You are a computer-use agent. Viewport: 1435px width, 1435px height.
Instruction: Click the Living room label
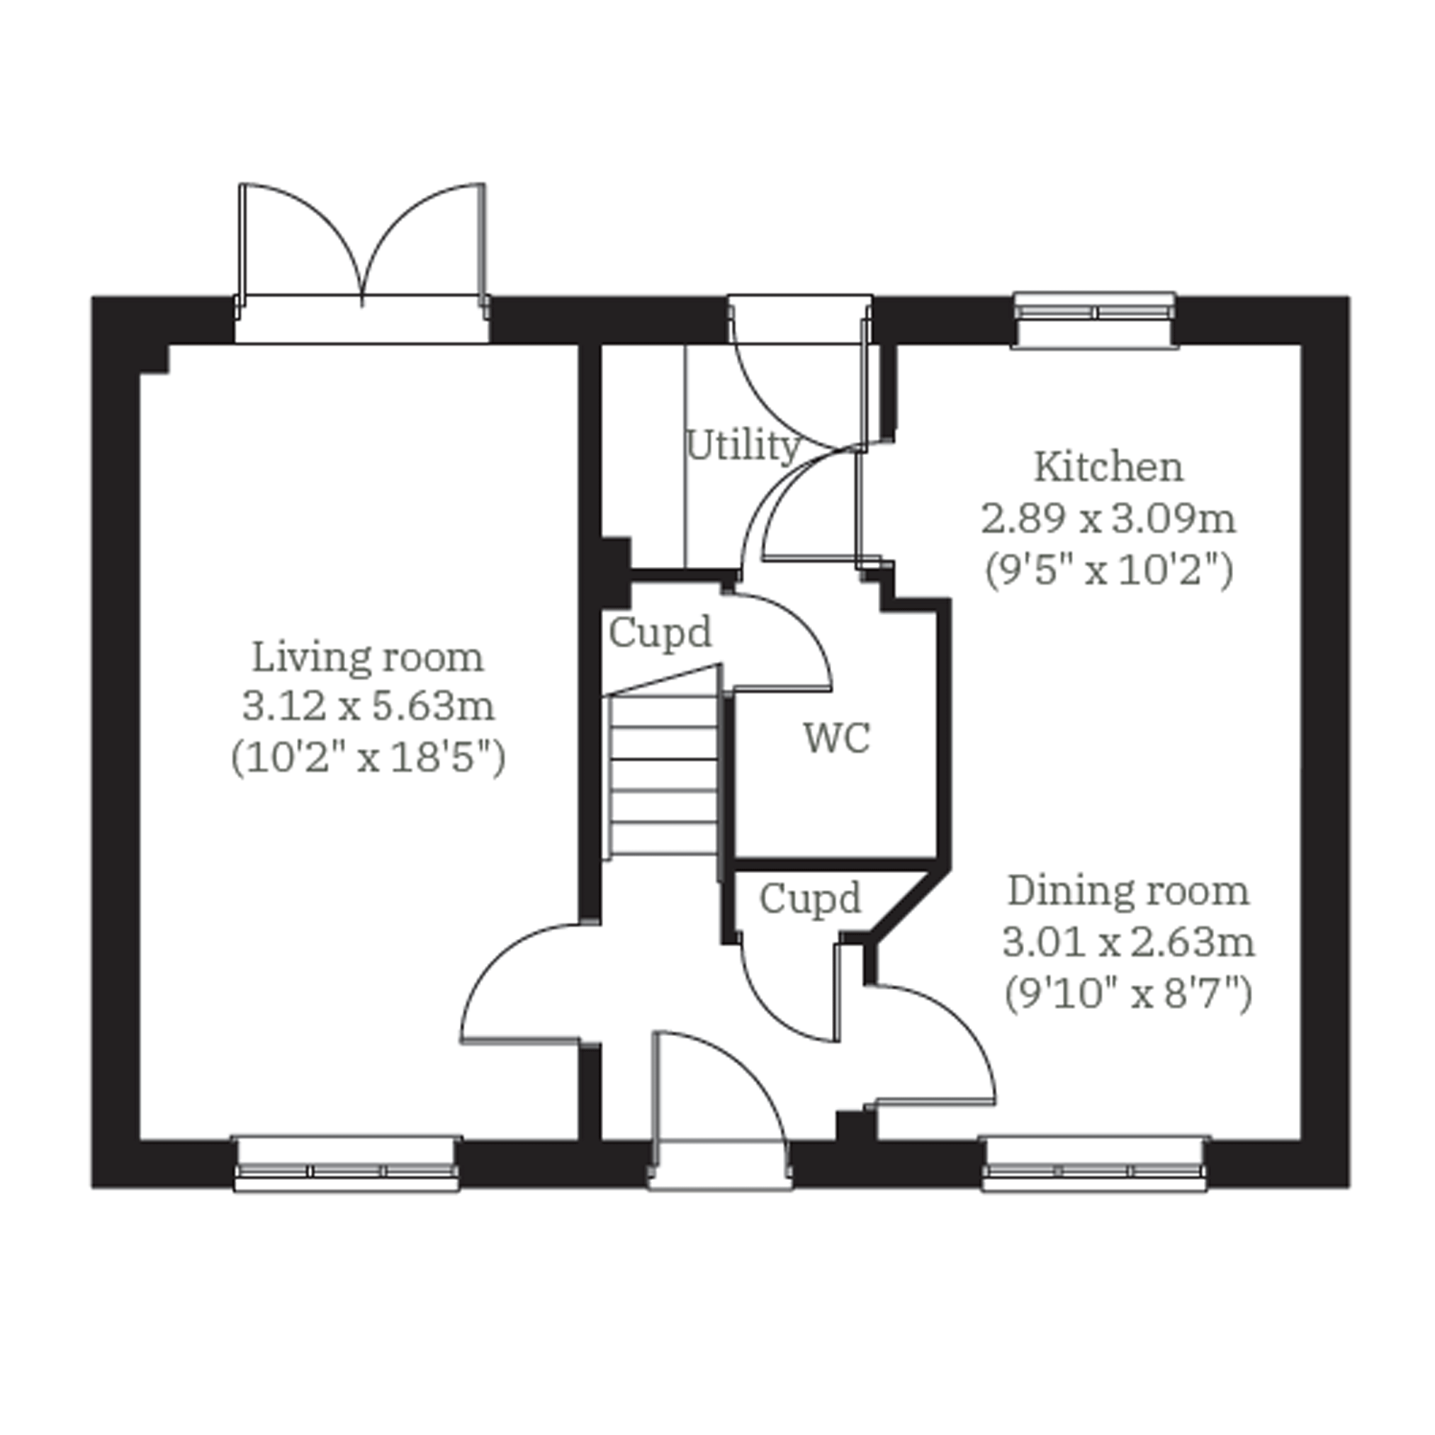[x=368, y=658]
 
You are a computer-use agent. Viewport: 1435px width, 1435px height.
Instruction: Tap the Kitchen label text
[x=1108, y=467]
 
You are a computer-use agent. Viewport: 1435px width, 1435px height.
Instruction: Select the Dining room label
[x=1128, y=891]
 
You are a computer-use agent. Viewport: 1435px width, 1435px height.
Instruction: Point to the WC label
[x=836, y=738]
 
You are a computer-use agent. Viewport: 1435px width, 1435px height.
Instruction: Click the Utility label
[x=743, y=446]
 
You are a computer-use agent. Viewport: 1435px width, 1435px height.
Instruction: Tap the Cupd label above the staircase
[x=660, y=634]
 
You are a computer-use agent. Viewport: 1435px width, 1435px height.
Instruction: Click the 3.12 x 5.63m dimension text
[x=368, y=706]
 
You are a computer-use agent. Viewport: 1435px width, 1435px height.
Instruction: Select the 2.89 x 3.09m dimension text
[x=1108, y=519]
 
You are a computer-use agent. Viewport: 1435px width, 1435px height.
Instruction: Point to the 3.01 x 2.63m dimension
[x=1128, y=942]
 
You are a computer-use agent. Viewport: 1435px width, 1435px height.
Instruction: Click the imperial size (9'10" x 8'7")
[x=1128, y=993]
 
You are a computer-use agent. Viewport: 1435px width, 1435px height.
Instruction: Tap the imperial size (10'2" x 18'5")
[x=368, y=758]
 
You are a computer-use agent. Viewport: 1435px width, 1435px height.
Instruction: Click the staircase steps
[x=663, y=774]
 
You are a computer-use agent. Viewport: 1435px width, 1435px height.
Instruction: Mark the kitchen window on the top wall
[x=1095, y=320]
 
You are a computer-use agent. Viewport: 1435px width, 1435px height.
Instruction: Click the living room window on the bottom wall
[x=347, y=1164]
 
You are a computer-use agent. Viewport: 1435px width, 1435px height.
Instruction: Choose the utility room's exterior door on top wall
[x=799, y=371]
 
